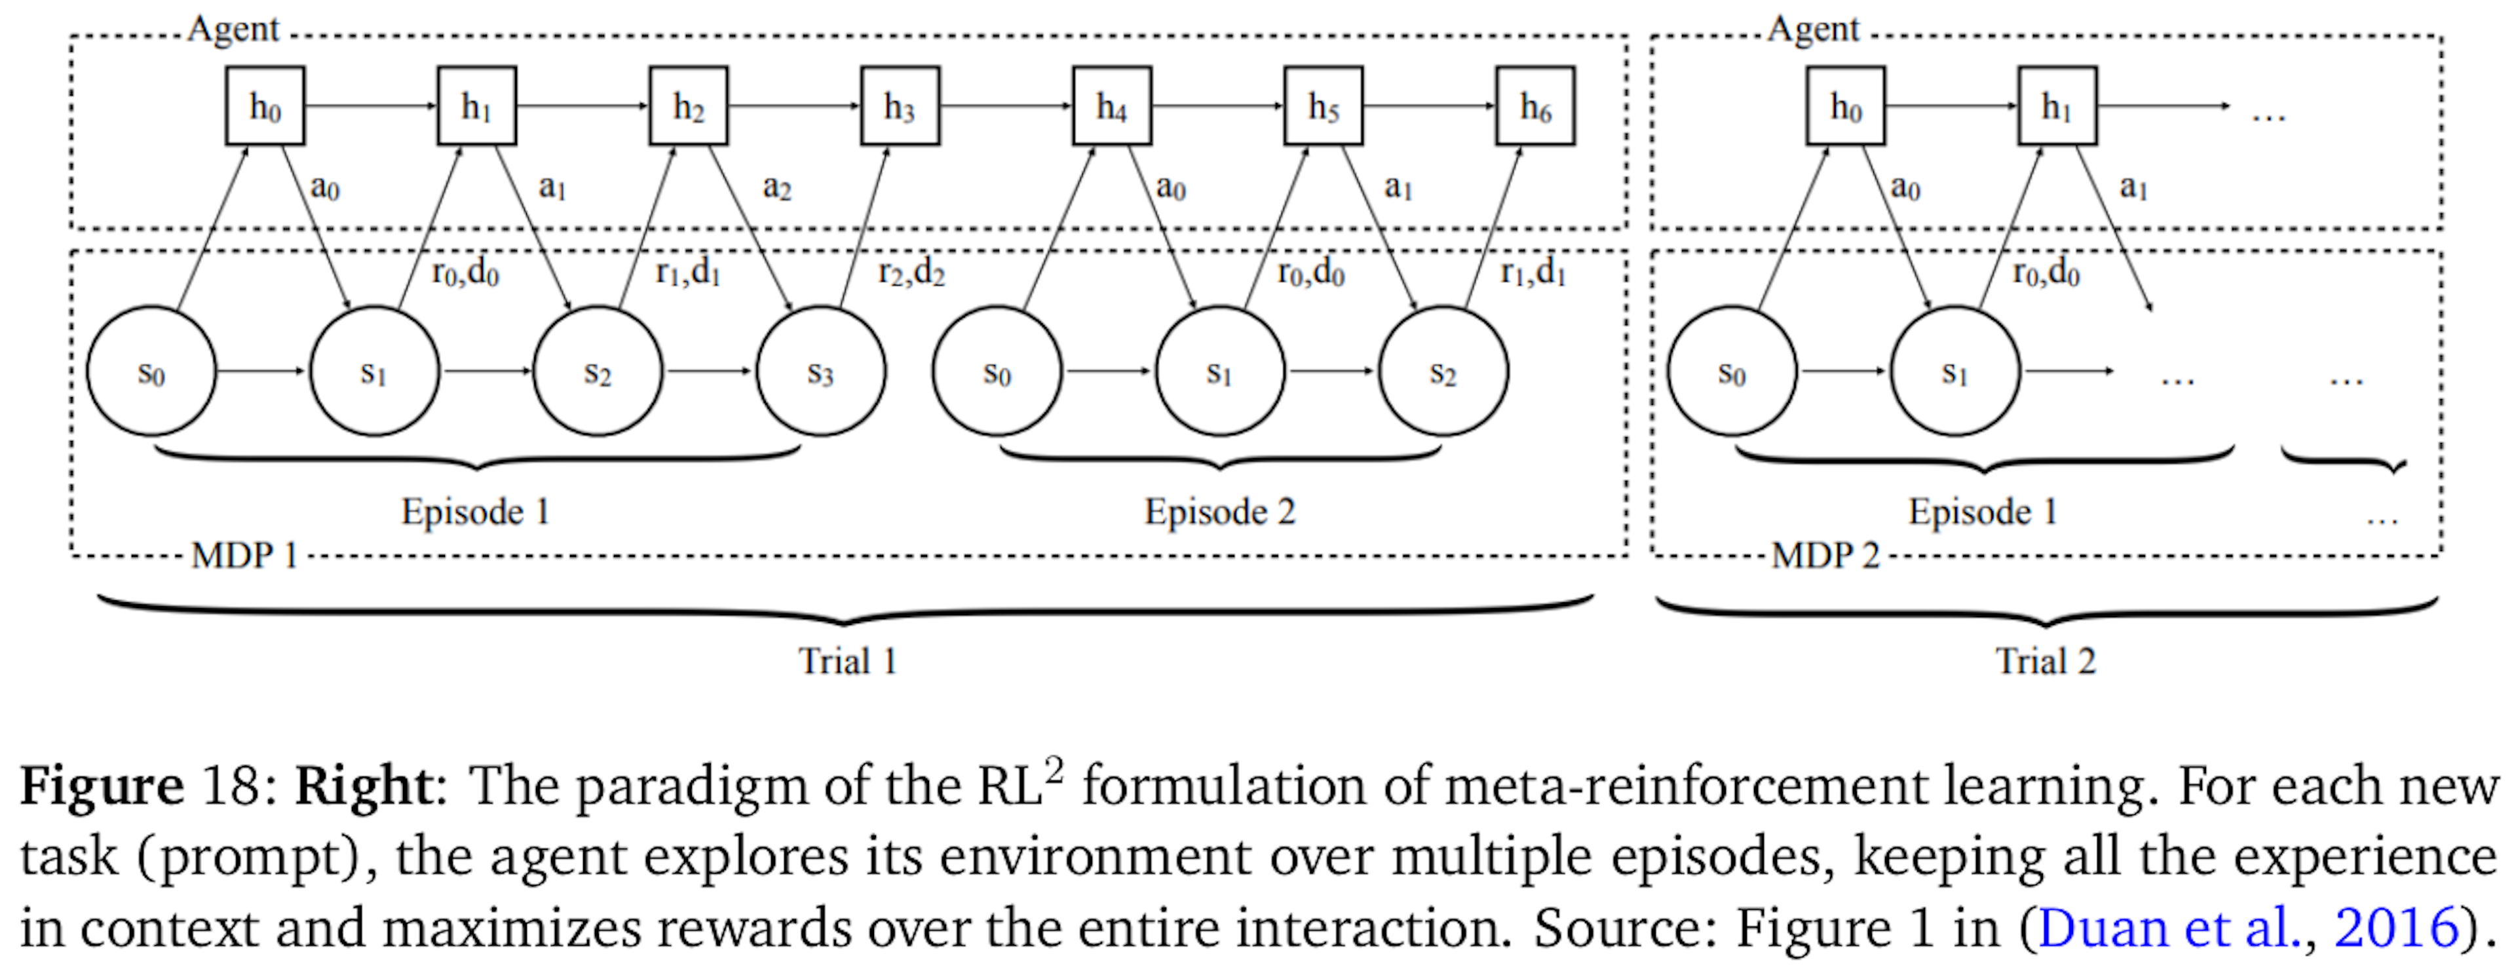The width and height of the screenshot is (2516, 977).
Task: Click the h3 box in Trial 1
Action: (x=900, y=105)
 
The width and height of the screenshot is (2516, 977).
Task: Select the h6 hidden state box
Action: (x=1534, y=105)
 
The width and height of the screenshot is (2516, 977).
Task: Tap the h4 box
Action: (x=1111, y=105)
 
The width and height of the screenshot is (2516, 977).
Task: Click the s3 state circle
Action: (x=820, y=372)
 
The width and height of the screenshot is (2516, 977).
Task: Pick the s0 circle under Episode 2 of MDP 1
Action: (x=996, y=372)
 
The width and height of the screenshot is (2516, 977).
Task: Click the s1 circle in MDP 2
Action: (x=1954, y=372)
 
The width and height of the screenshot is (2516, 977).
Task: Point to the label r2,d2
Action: (x=911, y=271)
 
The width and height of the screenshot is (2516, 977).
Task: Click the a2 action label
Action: (x=776, y=185)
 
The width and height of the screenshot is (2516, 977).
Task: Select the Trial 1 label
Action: (x=847, y=661)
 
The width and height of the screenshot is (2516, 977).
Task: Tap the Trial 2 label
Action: (x=2045, y=661)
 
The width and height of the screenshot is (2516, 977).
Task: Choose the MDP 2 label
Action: (x=1825, y=555)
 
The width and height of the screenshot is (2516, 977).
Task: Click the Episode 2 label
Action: (x=1220, y=511)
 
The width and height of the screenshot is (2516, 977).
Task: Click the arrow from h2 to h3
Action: (x=793, y=105)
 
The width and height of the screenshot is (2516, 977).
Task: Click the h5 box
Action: (x=1322, y=105)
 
